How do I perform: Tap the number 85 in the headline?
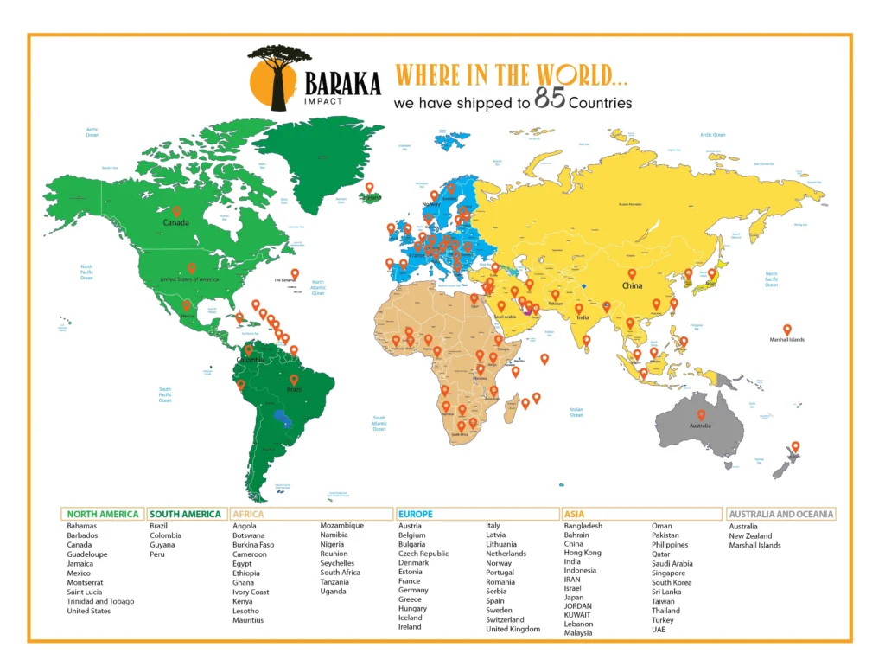550,100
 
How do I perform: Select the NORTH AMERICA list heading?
103,514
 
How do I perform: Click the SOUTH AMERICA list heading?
186,514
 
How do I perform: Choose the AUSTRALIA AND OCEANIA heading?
781,514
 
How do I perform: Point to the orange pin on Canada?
176,211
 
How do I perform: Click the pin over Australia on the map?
701,415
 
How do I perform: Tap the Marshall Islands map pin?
786,330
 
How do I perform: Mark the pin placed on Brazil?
294,380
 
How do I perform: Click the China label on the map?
632,285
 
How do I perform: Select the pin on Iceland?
369,188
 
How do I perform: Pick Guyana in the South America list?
162,545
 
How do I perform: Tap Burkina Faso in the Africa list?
253,545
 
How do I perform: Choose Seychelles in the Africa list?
337,563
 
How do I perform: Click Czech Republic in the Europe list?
423,554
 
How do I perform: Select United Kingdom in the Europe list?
513,629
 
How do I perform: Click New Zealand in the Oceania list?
750,535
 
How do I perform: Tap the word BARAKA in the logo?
343,83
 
